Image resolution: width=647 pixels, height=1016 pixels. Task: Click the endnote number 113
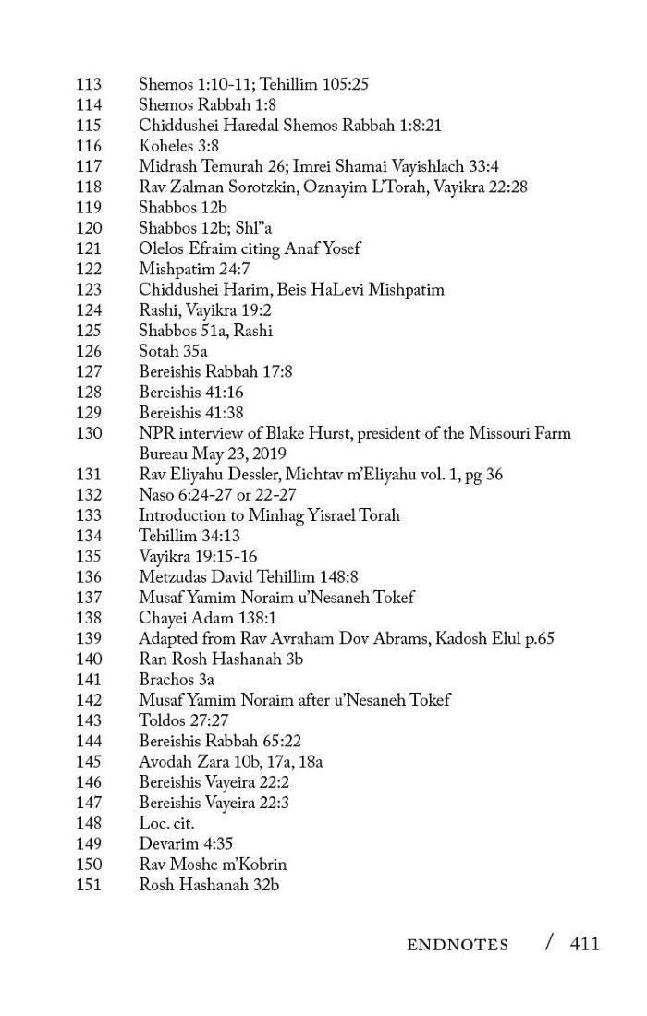[89, 85]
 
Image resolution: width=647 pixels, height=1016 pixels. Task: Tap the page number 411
[584, 943]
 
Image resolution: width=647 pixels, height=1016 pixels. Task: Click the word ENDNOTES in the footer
[458, 945]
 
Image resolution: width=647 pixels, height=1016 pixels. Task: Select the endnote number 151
[89, 885]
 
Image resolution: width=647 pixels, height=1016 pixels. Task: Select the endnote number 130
[89, 433]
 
